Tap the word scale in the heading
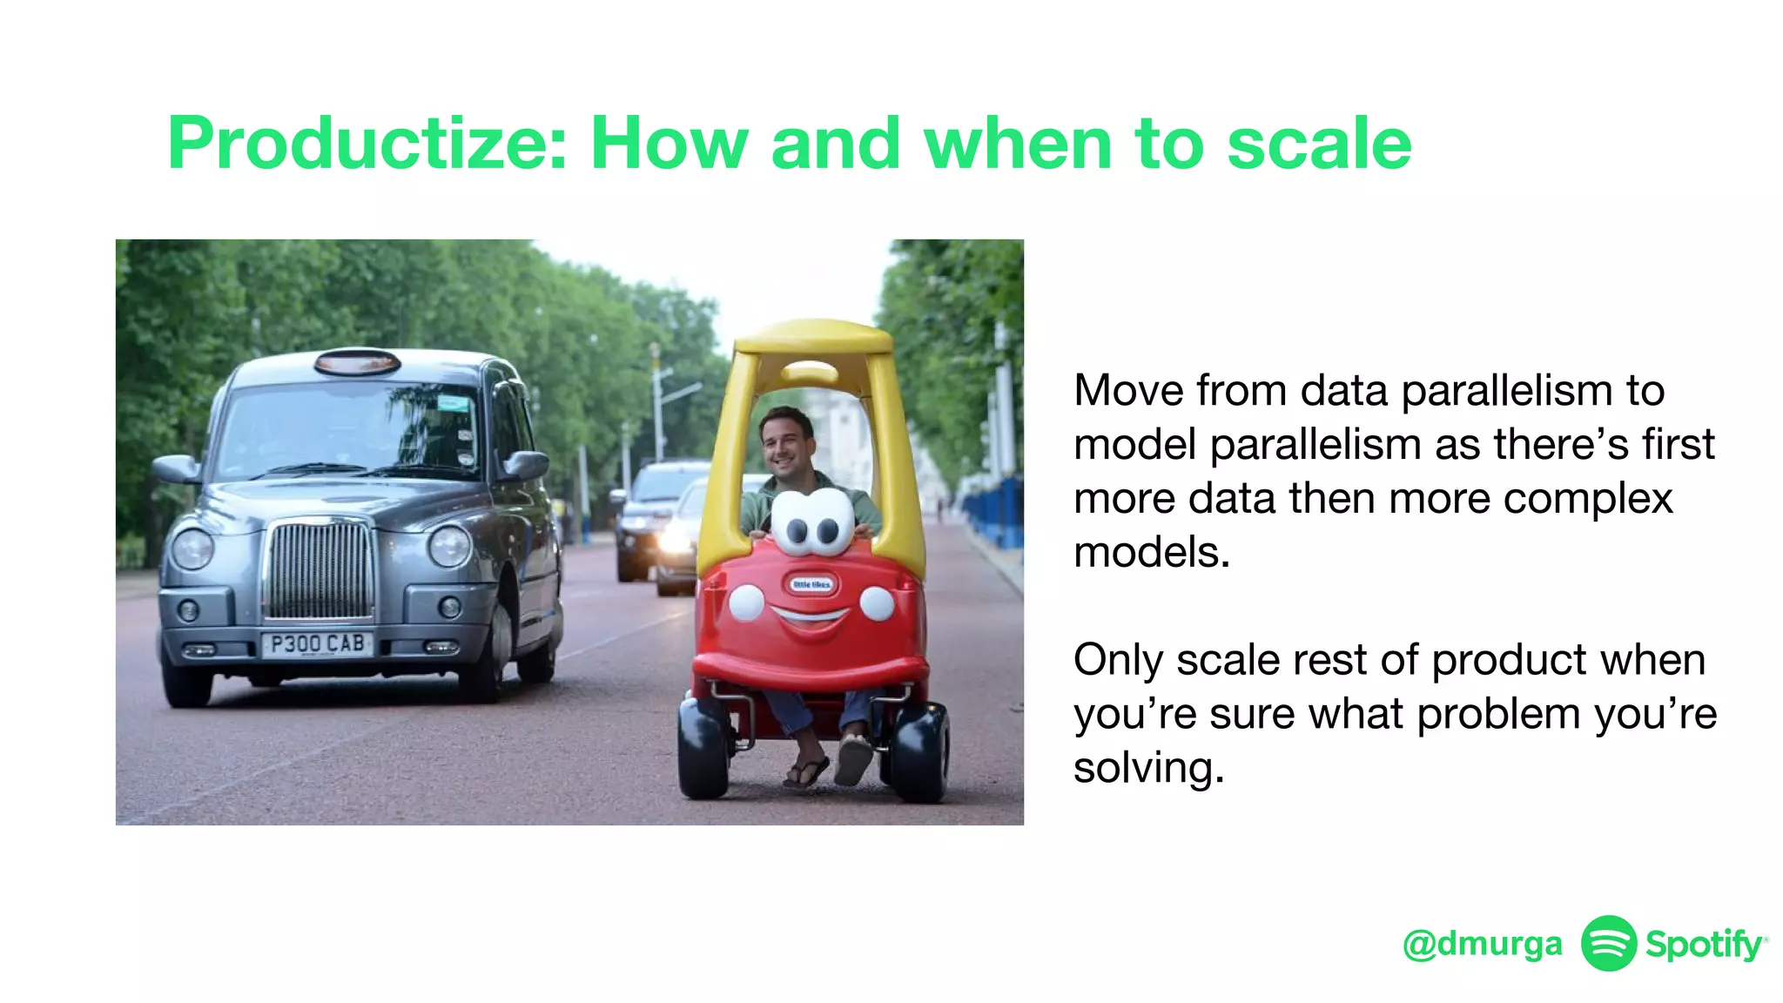point(1319,144)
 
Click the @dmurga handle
point(1482,944)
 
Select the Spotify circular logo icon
point(1608,943)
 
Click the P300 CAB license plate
point(317,644)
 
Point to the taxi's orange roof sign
point(357,360)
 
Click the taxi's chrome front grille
point(320,569)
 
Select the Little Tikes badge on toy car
point(811,584)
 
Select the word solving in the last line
point(1148,769)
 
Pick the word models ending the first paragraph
point(1151,553)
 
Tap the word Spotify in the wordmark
point(1703,944)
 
